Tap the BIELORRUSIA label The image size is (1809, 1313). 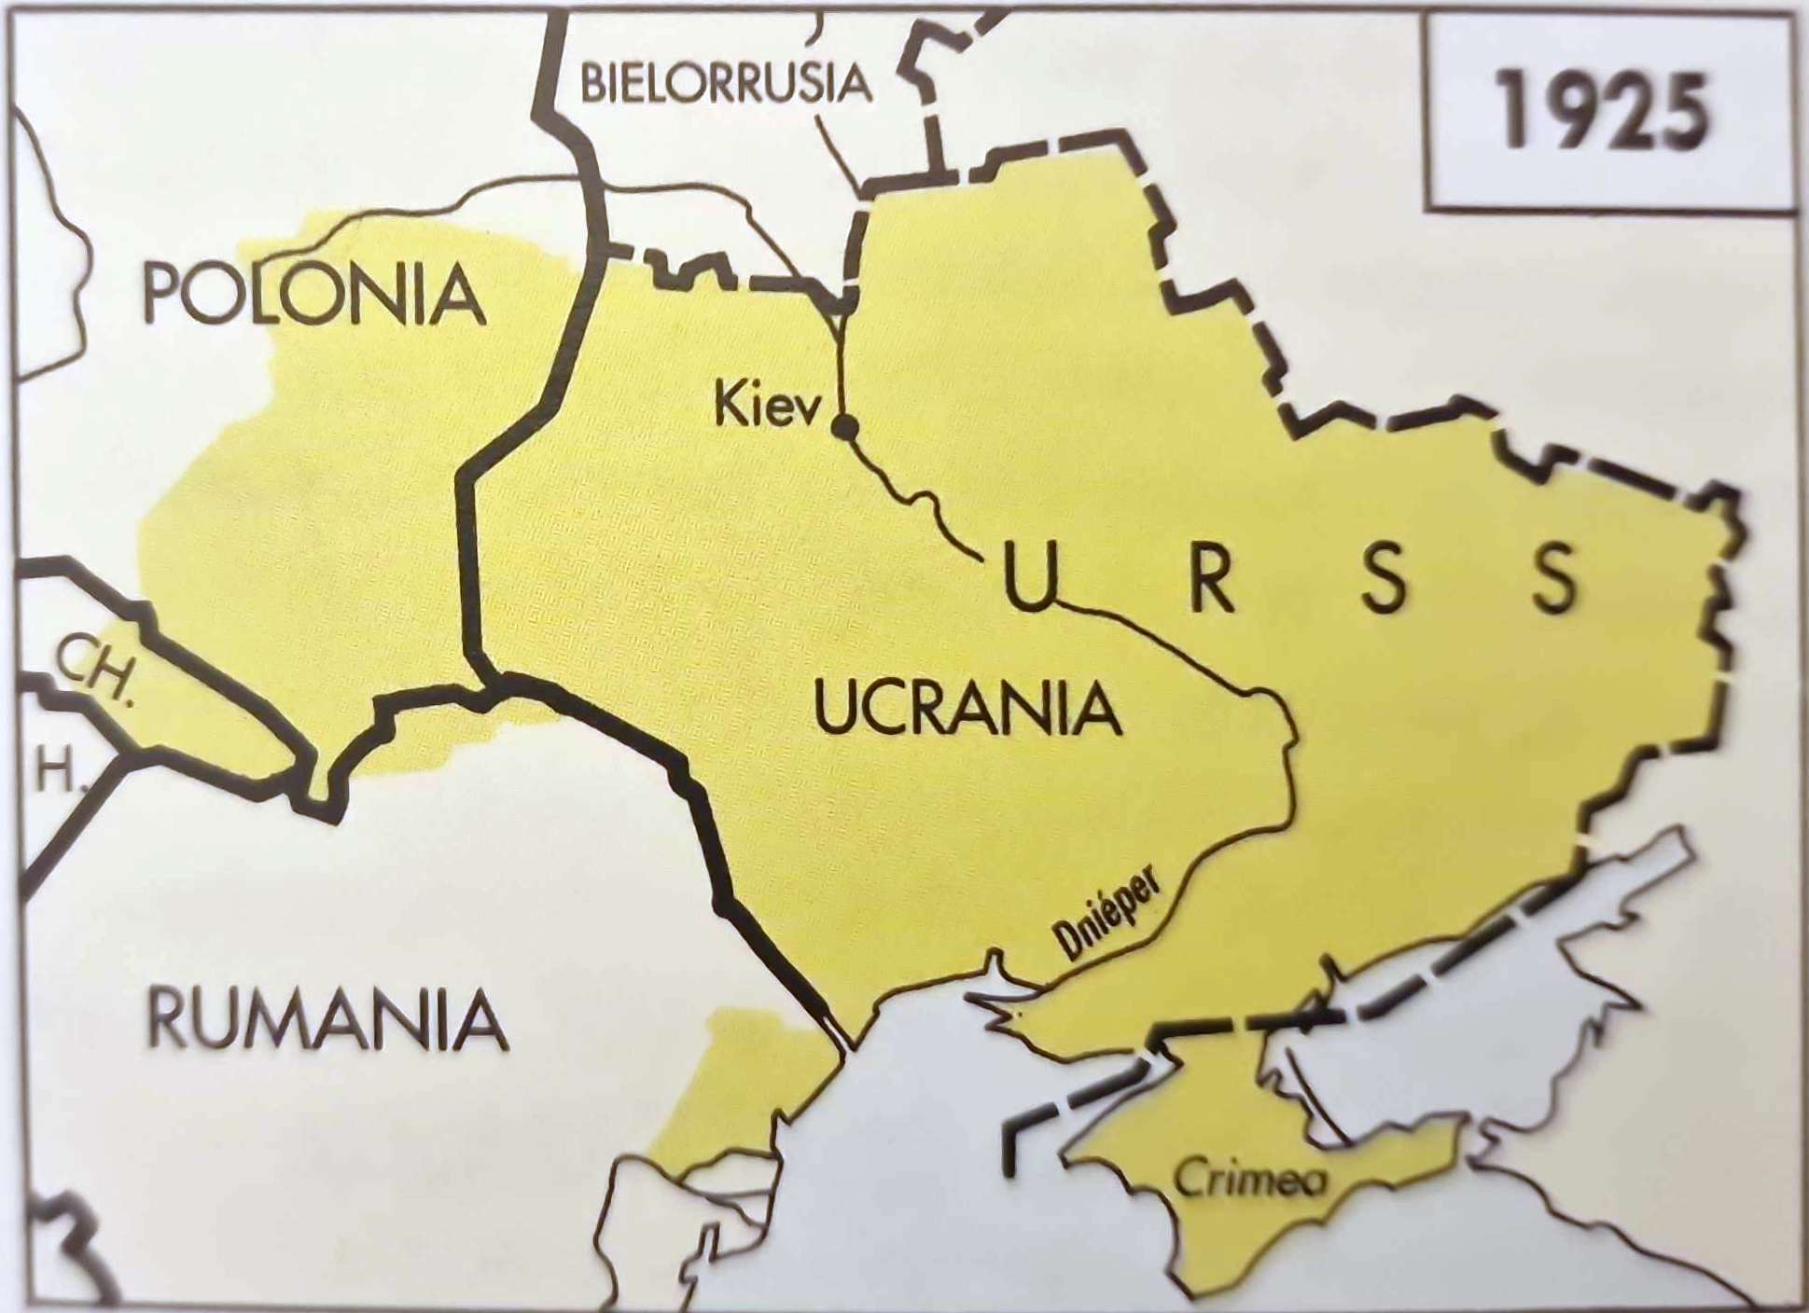coord(725,83)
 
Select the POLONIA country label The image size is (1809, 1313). coord(313,294)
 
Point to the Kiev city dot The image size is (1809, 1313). coord(845,428)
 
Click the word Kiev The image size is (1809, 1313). coord(767,408)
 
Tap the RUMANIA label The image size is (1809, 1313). coord(327,1020)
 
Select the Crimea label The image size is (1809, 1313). coord(1249,1180)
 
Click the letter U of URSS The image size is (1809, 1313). coord(1030,577)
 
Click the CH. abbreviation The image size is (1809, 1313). coord(92,668)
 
